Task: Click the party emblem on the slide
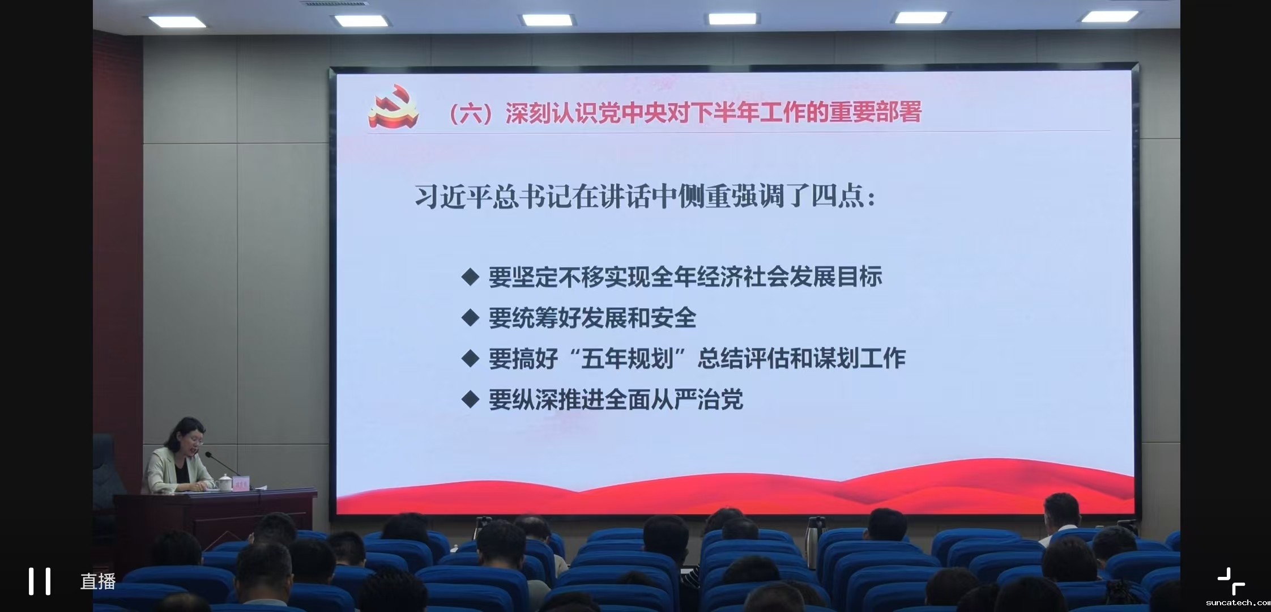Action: pos(394,108)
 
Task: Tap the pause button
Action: pos(40,581)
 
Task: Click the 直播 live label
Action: pos(98,581)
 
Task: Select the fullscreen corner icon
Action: pos(1231,581)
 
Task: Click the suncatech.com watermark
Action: pos(1238,603)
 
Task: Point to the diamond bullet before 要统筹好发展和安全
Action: pos(470,317)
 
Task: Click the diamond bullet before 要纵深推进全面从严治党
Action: pos(470,399)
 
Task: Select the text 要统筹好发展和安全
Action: pos(592,318)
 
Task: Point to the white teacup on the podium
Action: pos(224,483)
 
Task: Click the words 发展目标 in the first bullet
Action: pos(836,277)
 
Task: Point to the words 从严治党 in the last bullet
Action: pos(697,400)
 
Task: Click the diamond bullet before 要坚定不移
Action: pos(470,277)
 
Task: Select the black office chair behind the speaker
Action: pos(108,473)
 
